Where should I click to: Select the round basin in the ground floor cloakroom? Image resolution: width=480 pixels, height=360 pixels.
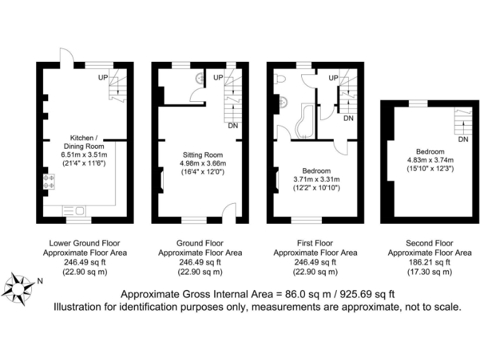tap(200, 78)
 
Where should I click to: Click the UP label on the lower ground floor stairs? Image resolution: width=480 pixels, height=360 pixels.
tap(103, 77)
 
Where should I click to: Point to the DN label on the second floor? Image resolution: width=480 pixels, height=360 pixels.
tap(462, 139)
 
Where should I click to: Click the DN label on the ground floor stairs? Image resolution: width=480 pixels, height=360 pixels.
tap(232, 126)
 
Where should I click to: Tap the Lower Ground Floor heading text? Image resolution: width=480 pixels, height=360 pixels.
tap(84, 243)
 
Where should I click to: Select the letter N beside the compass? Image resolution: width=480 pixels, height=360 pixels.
tap(39, 281)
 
